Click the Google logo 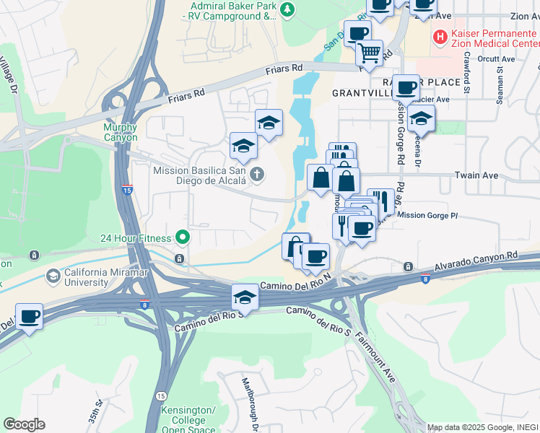24,424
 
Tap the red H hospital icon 439,35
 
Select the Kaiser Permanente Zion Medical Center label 494,35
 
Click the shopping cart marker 369,53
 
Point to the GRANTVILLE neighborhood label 361,93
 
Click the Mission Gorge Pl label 427,214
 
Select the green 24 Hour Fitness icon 183,237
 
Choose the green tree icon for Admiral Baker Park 287,9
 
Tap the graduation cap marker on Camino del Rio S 245,297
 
